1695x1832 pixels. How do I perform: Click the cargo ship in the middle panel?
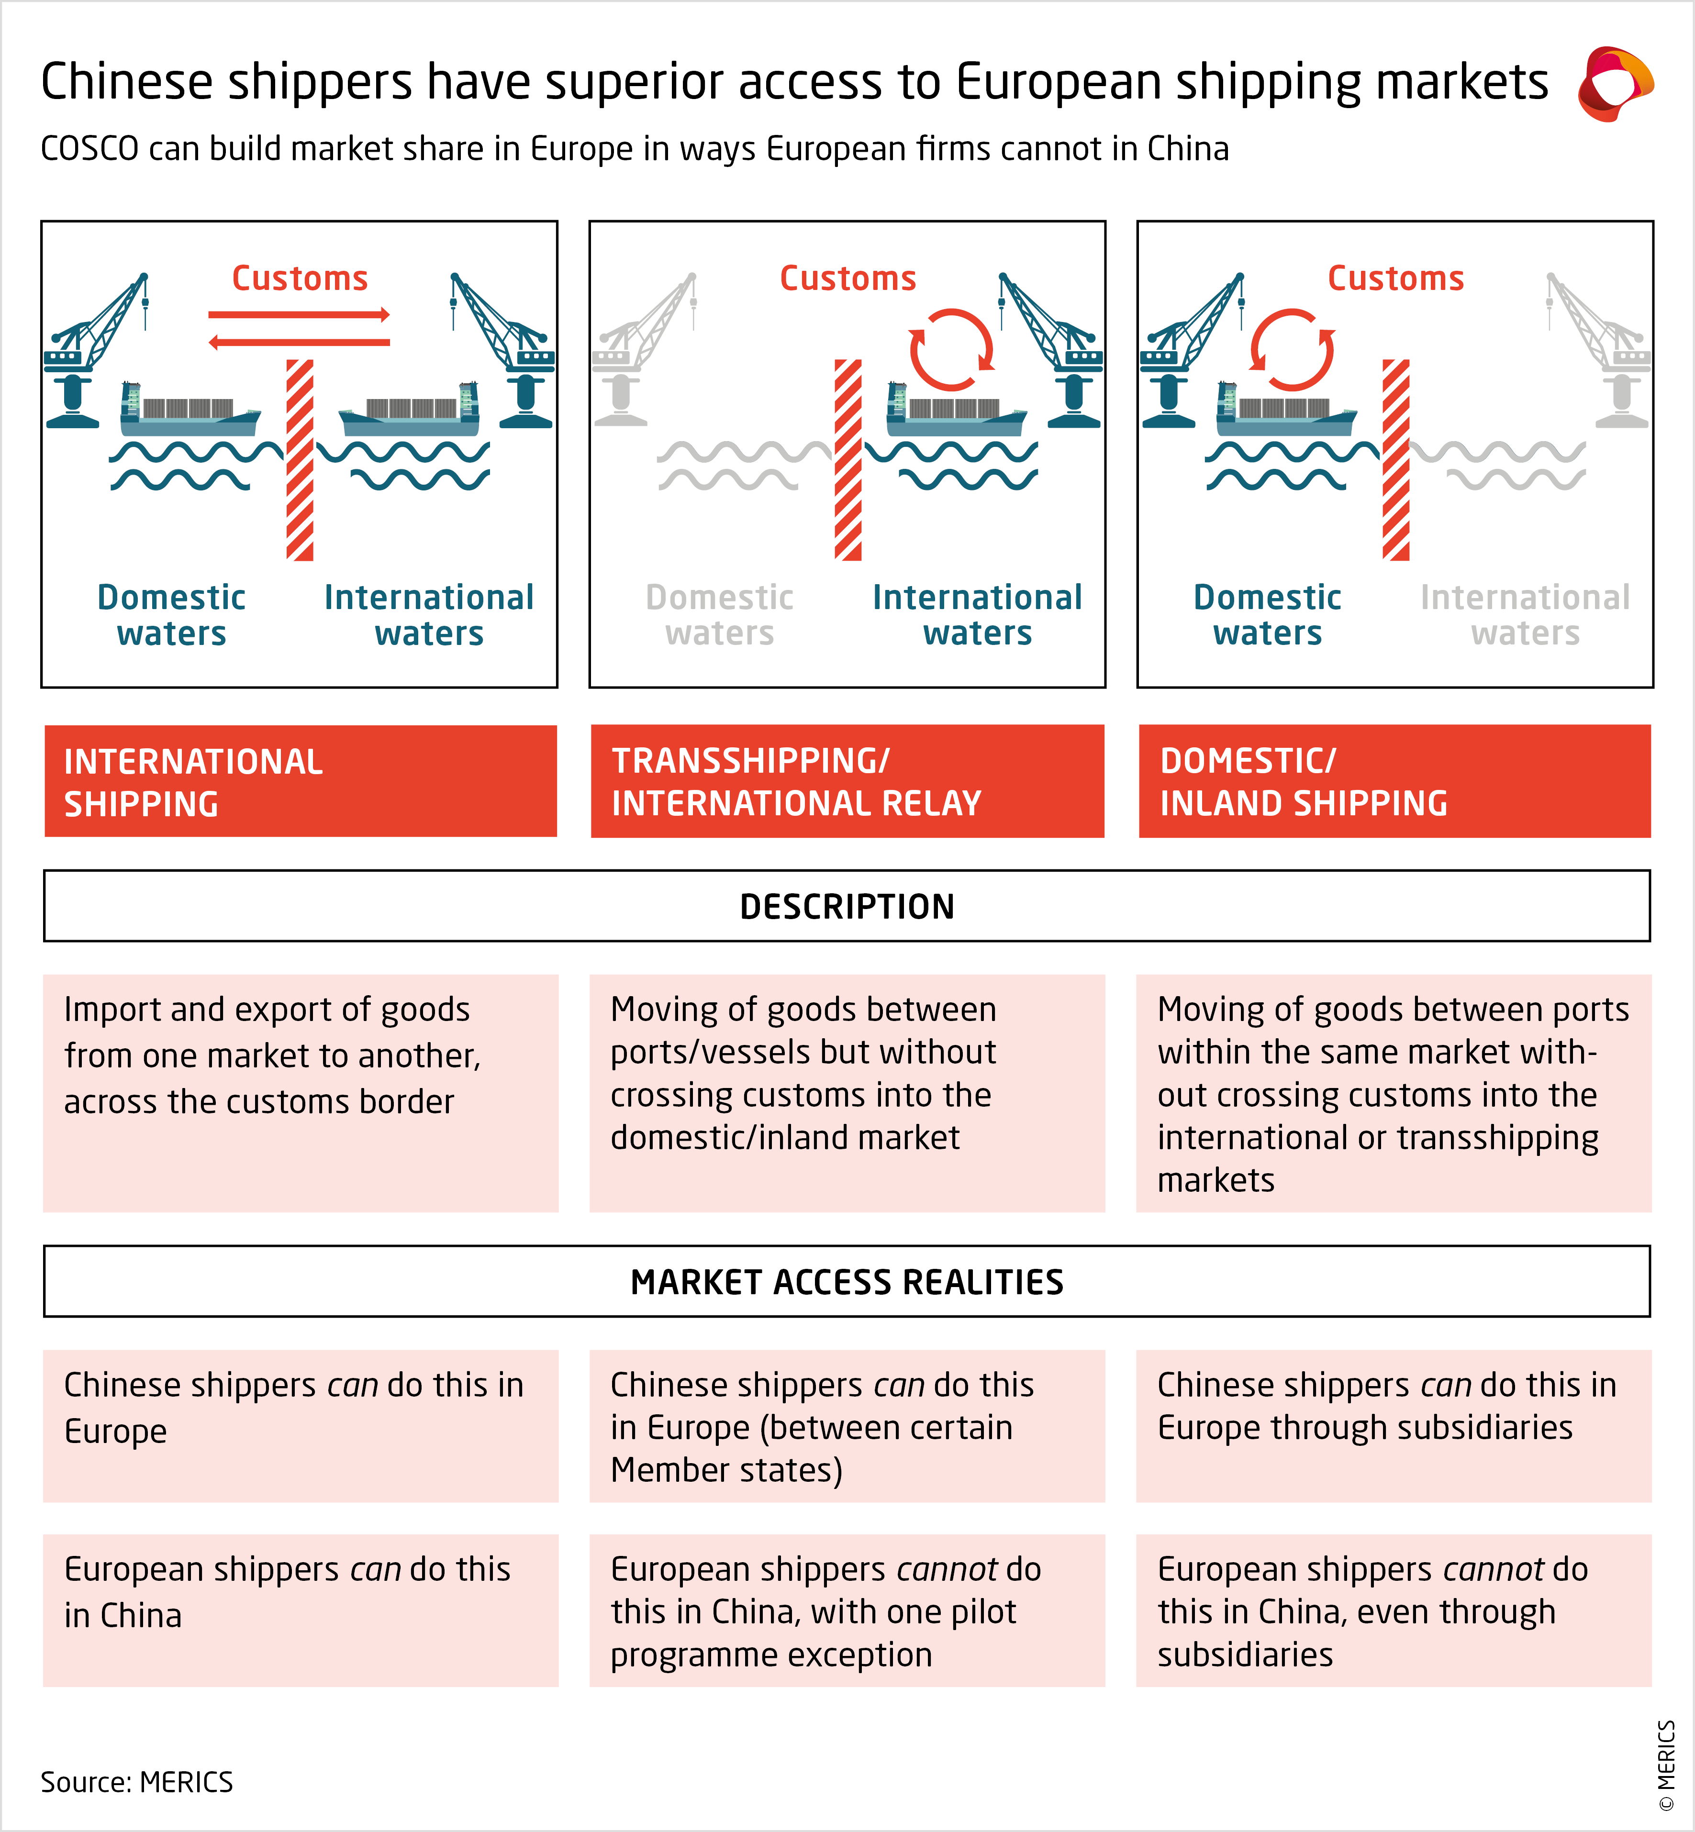[957, 411]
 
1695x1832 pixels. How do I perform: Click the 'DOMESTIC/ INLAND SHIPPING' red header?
[1394, 781]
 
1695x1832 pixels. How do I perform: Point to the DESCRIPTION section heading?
[847, 906]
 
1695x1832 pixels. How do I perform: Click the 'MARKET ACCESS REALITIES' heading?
[847, 1281]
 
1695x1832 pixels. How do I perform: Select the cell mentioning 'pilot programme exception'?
[847, 1611]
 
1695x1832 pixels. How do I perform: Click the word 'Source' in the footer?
[85, 1782]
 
